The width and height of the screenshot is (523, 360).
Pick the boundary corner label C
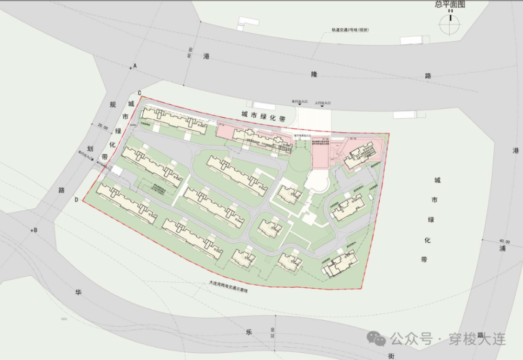pos(140,92)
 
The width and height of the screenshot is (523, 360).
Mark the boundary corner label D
pos(76,199)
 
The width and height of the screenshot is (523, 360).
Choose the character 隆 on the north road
pos(314,74)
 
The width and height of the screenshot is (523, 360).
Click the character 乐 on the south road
pos(249,332)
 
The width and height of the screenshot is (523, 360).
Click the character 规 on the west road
pos(112,104)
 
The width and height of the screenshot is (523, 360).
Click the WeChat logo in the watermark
pos(376,339)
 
